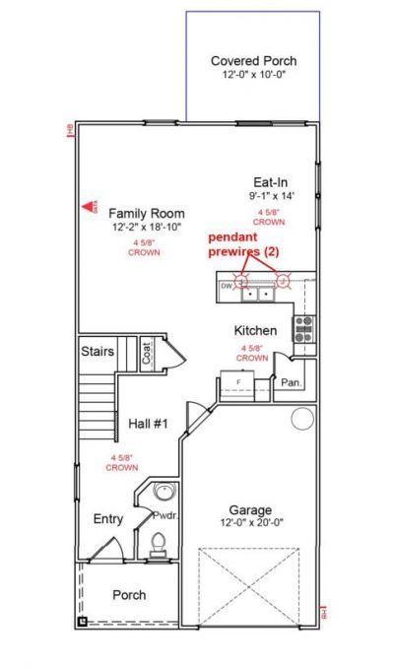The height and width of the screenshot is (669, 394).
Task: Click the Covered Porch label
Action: [x=253, y=61]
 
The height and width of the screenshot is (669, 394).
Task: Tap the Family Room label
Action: [x=146, y=213]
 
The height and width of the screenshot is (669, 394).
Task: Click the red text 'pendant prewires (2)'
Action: [x=243, y=245]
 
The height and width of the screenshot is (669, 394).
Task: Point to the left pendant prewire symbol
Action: [x=241, y=280]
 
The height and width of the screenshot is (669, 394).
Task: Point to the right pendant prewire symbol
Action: [x=283, y=280]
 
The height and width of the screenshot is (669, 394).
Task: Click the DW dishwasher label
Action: [x=226, y=287]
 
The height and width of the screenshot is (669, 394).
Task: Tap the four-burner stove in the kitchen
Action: [x=303, y=329]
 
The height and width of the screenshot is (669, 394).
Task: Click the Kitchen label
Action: [x=254, y=330]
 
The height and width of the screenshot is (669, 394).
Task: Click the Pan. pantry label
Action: [x=290, y=381]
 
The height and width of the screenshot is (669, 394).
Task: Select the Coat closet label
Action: [x=147, y=353]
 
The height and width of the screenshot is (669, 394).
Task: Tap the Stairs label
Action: [x=98, y=351]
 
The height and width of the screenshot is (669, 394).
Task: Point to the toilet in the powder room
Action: [x=158, y=543]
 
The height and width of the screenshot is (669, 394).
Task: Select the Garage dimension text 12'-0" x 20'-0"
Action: [x=251, y=524]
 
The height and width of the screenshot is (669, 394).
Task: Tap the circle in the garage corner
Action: [x=301, y=421]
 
